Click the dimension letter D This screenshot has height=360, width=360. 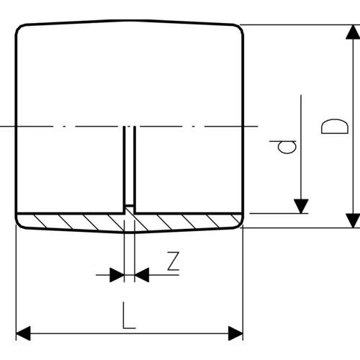335,126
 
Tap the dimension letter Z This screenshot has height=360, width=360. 174,261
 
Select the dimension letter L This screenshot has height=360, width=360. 129,315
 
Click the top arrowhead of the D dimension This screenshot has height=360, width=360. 353,32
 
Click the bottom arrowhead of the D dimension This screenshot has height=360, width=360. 353,220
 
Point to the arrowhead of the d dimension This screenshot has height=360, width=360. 301,206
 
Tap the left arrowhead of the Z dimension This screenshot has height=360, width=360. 117,275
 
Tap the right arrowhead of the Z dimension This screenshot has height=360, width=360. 142,275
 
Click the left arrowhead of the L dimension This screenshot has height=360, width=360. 23,333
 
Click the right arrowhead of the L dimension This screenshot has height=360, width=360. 235,333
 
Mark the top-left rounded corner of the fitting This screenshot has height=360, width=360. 19,28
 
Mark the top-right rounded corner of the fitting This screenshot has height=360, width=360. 240,28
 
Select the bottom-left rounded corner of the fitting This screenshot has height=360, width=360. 20,225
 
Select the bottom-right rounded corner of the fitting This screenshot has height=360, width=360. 239,224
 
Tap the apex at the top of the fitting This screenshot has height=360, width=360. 130,21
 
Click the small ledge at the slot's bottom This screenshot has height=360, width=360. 130,206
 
